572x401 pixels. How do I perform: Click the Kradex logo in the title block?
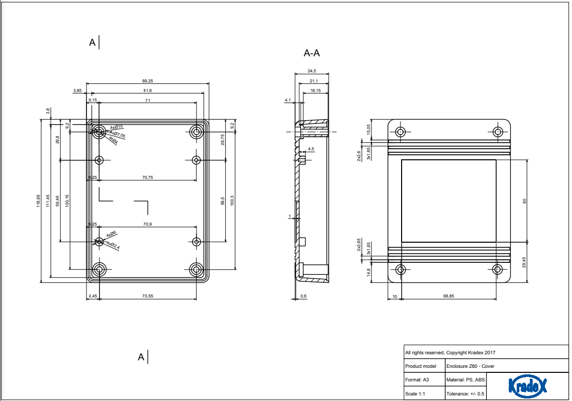(527, 386)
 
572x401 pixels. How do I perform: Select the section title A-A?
(312, 53)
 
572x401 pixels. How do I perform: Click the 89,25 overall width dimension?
(147, 80)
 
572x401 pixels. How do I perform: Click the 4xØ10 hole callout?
(117, 127)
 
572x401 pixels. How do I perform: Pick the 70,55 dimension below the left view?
(147, 296)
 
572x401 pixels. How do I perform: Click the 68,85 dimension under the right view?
(448, 296)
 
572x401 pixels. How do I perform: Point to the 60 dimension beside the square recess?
(525, 201)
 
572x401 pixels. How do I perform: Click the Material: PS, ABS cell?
(465, 380)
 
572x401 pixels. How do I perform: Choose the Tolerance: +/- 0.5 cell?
(465, 394)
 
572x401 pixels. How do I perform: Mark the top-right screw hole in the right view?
(498, 132)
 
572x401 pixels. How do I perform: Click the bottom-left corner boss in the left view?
(100, 270)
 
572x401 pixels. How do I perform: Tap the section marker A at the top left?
(92, 43)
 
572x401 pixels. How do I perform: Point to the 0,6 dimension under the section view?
(303, 296)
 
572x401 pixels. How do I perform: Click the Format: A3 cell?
(417, 380)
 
